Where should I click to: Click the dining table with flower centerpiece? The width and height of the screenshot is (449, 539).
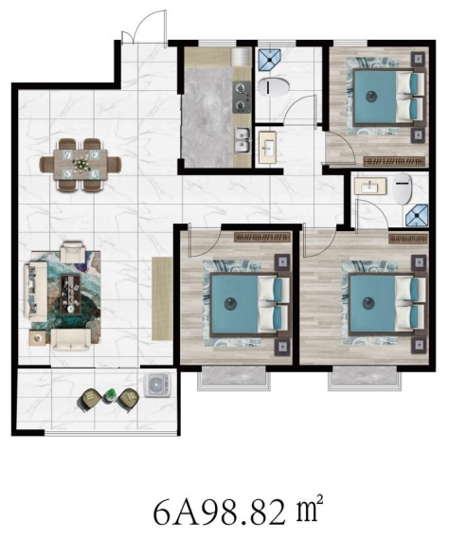click(x=81, y=164)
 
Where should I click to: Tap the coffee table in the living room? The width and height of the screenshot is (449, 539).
click(x=71, y=295)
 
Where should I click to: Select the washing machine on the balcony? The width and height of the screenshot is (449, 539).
click(x=157, y=385)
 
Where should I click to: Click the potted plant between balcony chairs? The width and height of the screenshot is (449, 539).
click(x=111, y=395)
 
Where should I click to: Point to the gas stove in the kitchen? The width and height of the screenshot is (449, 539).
click(x=242, y=97)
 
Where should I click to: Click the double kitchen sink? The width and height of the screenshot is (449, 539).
click(x=242, y=140)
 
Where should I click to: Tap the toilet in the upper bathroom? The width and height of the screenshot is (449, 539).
click(x=275, y=86)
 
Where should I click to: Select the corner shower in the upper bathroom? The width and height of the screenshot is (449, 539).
click(x=269, y=60)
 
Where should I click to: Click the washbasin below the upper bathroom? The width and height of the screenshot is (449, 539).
click(x=267, y=147)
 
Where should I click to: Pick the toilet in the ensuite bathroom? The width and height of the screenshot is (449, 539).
click(x=403, y=189)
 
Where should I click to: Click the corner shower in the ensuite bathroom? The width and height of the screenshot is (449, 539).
click(x=417, y=216)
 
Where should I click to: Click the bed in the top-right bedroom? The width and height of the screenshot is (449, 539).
click(x=389, y=96)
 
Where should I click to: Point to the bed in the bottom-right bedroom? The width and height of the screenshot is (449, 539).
click(x=387, y=304)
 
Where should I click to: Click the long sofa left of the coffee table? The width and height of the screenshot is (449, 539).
click(x=35, y=292)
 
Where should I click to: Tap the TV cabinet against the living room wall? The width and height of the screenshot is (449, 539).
click(x=162, y=298)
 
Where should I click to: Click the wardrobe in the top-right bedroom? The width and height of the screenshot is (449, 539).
click(x=395, y=161)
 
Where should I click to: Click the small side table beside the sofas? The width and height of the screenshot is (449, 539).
click(x=38, y=338)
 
